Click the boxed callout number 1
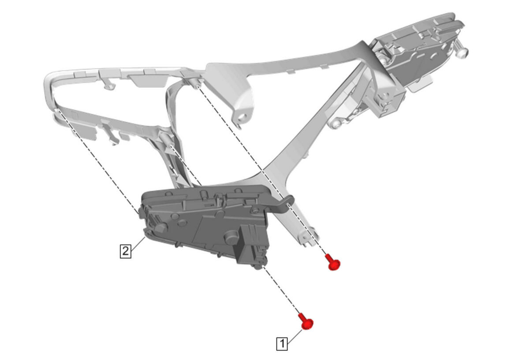[282, 344]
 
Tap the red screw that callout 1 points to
[306, 322]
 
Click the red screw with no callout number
[333, 262]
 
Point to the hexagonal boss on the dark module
[161, 228]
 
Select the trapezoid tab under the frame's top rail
[148, 81]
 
